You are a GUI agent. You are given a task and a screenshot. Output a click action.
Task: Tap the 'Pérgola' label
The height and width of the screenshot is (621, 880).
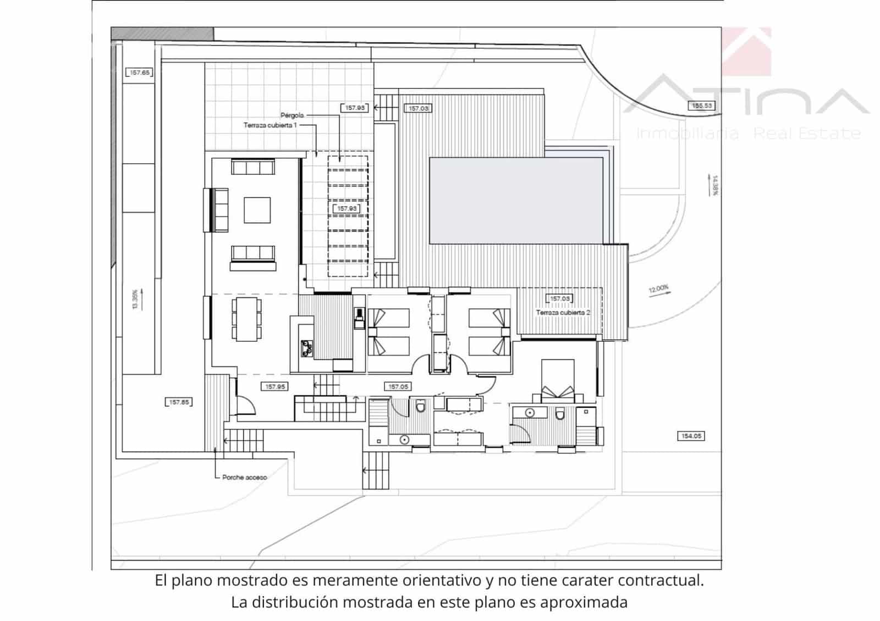point(292,115)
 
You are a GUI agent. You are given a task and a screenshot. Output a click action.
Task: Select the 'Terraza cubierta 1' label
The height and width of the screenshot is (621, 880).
point(270,125)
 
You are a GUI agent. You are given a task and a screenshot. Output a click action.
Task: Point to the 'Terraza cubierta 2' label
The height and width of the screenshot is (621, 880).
point(563,312)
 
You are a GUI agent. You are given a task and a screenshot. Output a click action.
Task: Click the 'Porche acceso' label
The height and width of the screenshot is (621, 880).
point(245,478)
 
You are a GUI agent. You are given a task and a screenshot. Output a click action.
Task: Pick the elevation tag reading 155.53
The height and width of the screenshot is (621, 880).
point(701,106)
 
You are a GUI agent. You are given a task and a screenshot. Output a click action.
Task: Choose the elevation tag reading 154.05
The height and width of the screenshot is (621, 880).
point(691,436)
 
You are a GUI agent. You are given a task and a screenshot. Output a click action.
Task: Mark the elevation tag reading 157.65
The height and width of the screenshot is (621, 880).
point(140,73)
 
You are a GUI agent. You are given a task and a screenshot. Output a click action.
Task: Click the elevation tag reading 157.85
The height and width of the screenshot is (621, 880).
point(179,402)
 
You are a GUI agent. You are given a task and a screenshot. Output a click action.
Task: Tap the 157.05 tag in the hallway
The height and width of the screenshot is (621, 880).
point(398,387)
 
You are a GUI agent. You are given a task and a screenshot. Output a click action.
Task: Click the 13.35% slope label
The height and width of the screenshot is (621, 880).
point(135,300)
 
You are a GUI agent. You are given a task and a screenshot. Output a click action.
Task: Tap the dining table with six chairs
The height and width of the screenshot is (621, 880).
point(246,318)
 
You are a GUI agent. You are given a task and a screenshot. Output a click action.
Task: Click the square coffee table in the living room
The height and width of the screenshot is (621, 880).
point(257,210)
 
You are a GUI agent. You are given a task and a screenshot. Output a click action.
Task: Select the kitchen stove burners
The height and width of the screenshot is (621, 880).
point(306,348)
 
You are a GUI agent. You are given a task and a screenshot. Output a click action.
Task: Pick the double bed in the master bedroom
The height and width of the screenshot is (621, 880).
point(558,379)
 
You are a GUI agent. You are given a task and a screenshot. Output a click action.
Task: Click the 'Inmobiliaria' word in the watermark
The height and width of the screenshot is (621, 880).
point(687,134)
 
